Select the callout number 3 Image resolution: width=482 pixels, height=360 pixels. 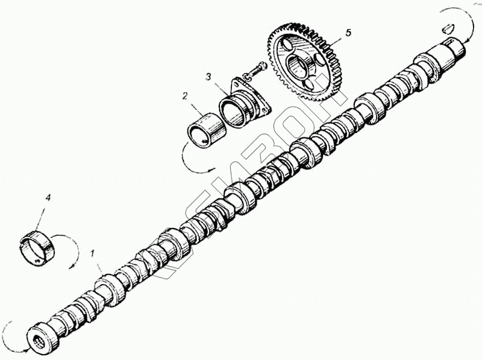click(x=208, y=77)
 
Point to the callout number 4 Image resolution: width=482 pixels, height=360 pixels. click(x=48, y=197)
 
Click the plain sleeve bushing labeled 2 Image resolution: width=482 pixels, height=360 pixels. click(x=204, y=129)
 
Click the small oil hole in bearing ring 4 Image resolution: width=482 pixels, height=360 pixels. click(x=37, y=261)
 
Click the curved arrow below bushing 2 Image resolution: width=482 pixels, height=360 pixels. click(x=196, y=163)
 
